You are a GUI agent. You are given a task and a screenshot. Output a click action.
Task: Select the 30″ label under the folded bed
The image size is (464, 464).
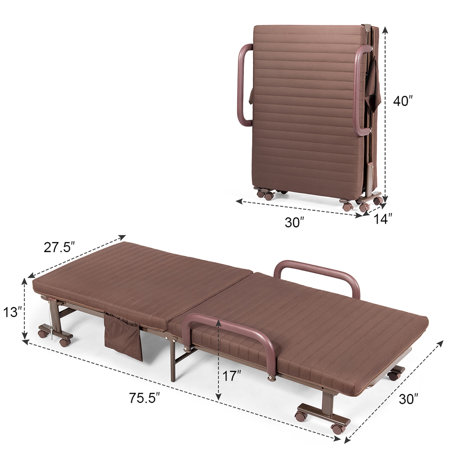(x=294, y=222)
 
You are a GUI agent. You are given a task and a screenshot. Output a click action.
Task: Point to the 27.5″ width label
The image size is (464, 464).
(x=59, y=247)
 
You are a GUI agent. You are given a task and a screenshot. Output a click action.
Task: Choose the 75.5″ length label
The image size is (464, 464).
(x=144, y=398)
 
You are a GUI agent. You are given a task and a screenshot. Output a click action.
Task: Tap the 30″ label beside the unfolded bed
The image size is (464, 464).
(x=408, y=399)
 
